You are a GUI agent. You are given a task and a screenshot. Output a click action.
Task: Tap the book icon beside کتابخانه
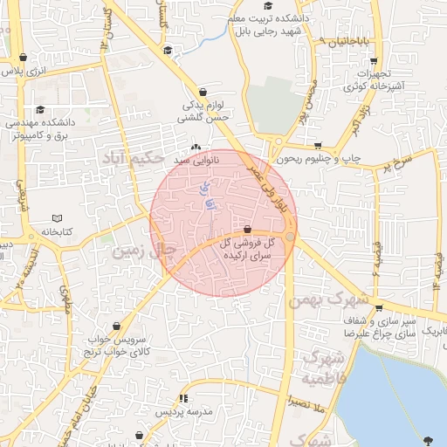pyautogui.click(x=58, y=218)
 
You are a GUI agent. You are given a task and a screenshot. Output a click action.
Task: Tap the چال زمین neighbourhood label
pyautogui.click(x=147, y=251)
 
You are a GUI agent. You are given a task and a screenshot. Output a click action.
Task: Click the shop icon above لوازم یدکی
pyautogui.click(x=203, y=91)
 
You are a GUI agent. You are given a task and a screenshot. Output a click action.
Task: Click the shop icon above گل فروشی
pyautogui.click(x=248, y=229)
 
